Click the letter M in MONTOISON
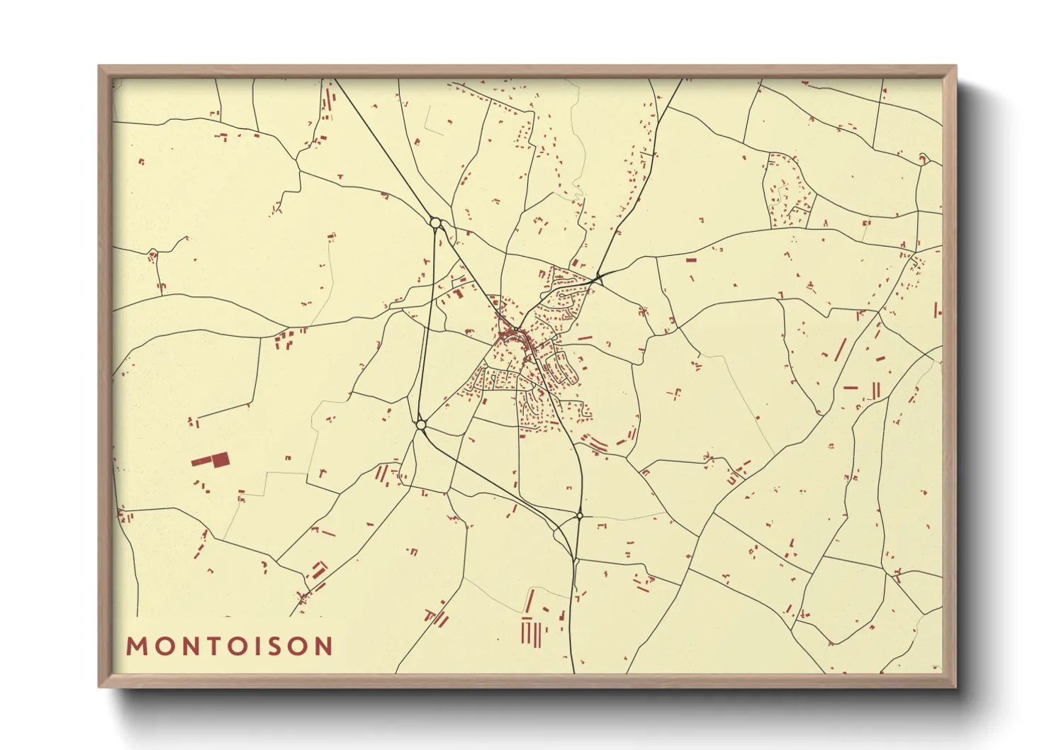[136, 646]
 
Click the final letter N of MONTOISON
[324, 646]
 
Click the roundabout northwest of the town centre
[435, 223]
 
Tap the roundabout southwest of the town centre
[421, 425]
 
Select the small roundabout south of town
[579, 515]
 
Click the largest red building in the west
[220, 459]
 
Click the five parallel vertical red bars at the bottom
[531, 632]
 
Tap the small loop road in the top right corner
[924, 158]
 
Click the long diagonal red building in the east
[841, 349]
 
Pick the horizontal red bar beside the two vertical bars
[851, 388]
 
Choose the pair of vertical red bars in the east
[876, 390]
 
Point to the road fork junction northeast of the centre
[599, 276]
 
